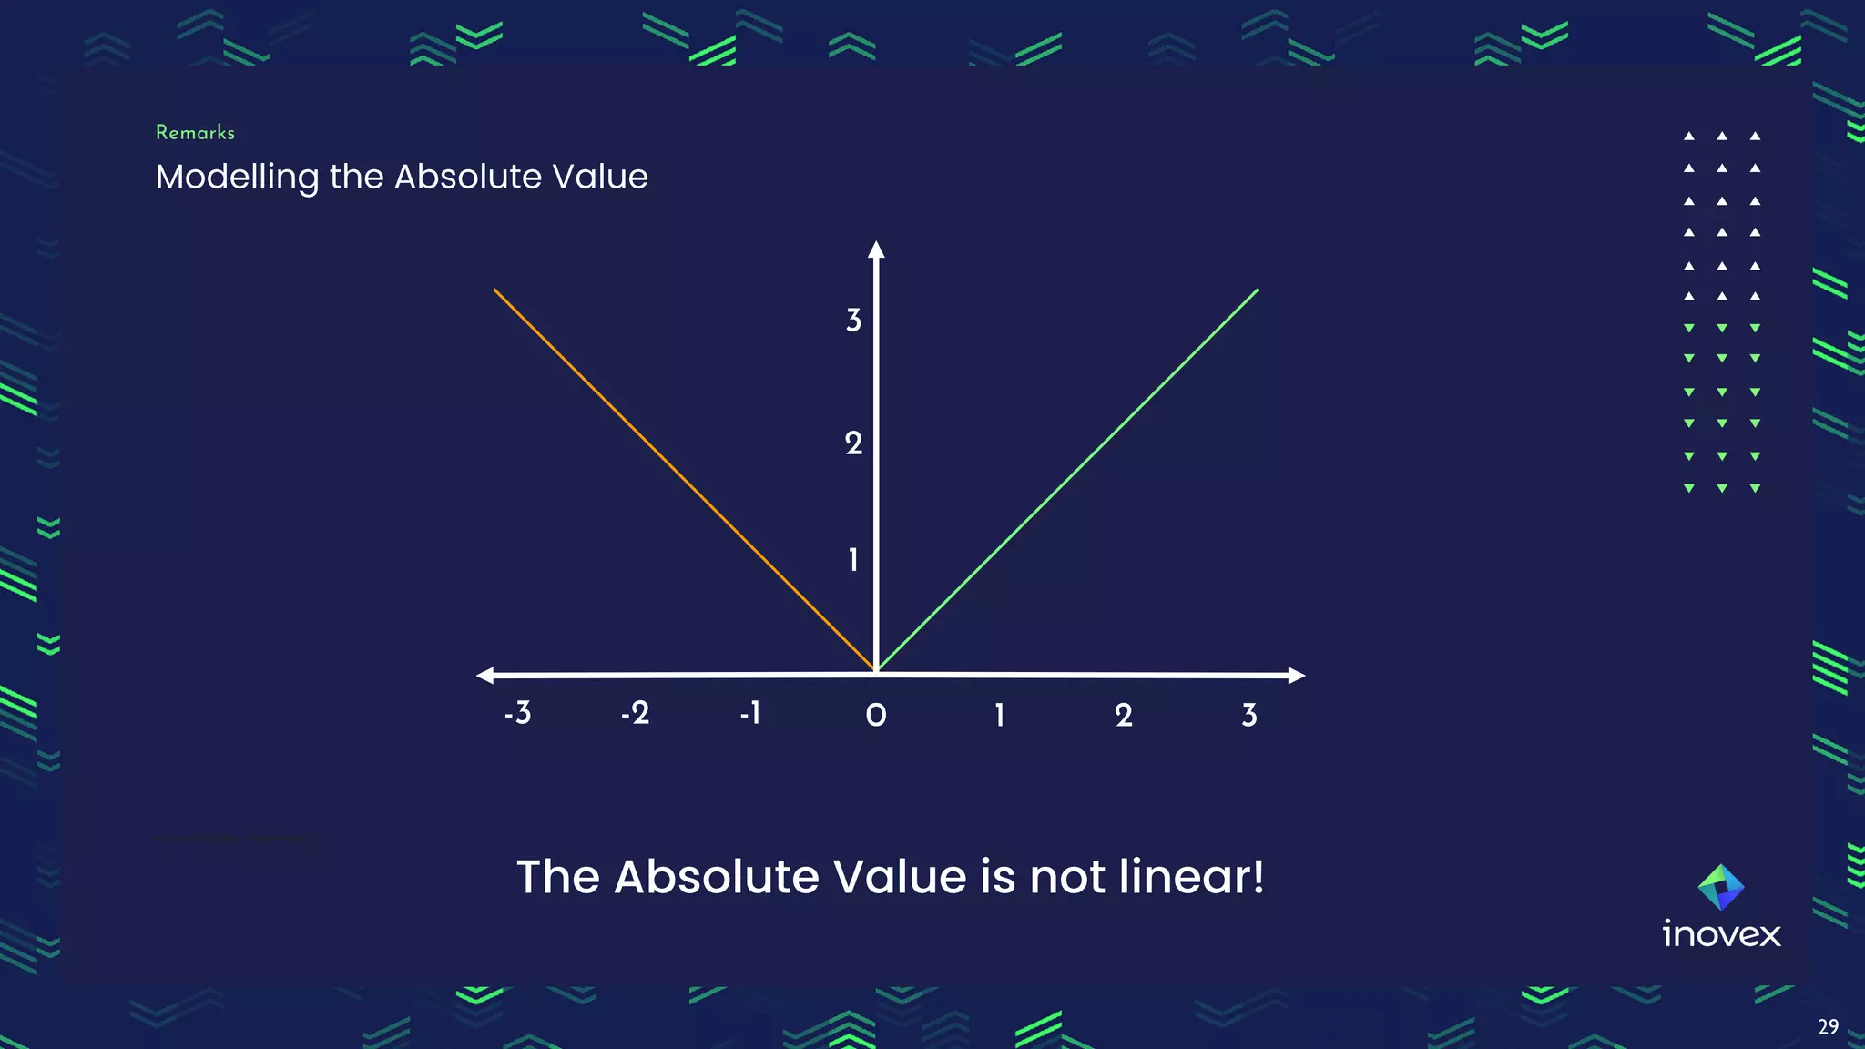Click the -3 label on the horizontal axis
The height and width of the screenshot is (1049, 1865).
click(x=518, y=713)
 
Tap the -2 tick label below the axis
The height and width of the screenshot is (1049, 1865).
click(x=636, y=713)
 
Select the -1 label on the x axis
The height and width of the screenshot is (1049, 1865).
click(x=750, y=713)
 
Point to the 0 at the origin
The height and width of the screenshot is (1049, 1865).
click(x=876, y=716)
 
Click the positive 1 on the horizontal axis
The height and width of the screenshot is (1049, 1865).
click(x=1000, y=716)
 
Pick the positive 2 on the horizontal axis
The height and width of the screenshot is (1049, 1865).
click(x=1124, y=716)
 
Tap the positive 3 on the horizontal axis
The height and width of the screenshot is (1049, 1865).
click(x=1249, y=716)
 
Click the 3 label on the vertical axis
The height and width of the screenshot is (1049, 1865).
click(x=853, y=321)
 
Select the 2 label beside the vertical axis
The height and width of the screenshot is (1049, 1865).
click(x=853, y=443)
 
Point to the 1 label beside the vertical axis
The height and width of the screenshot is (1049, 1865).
click(x=853, y=560)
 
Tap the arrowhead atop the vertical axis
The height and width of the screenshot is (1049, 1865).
click(x=876, y=250)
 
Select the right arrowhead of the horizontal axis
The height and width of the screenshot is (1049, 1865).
click(x=1297, y=675)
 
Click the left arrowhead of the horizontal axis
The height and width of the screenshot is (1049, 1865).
click(x=485, y=675)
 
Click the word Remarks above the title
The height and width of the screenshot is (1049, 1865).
click(x=195, y=133)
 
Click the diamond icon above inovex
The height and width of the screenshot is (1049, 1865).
click(x=1721, y=887)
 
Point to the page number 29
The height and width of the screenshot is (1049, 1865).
click(x=1828, y=1027)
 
